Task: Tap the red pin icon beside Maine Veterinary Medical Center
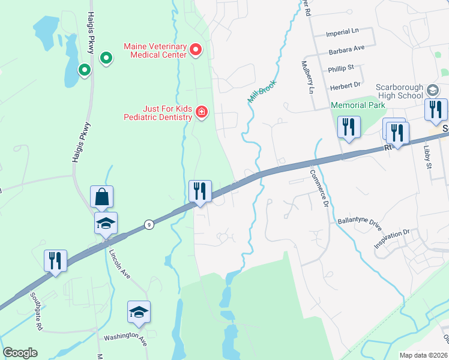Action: (x=196, y=50)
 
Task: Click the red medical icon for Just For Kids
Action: (x=202, y=112)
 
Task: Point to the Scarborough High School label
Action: (x=399, y=91)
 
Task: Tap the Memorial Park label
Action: (x=357, y=105)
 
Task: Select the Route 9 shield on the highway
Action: (x=148, y=224)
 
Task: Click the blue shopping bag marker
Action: (x=102, y=197)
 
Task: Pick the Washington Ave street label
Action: (x=125, y=337)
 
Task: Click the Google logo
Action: (x=20, y=353)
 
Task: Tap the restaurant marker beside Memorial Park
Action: (x=349, y=128)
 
